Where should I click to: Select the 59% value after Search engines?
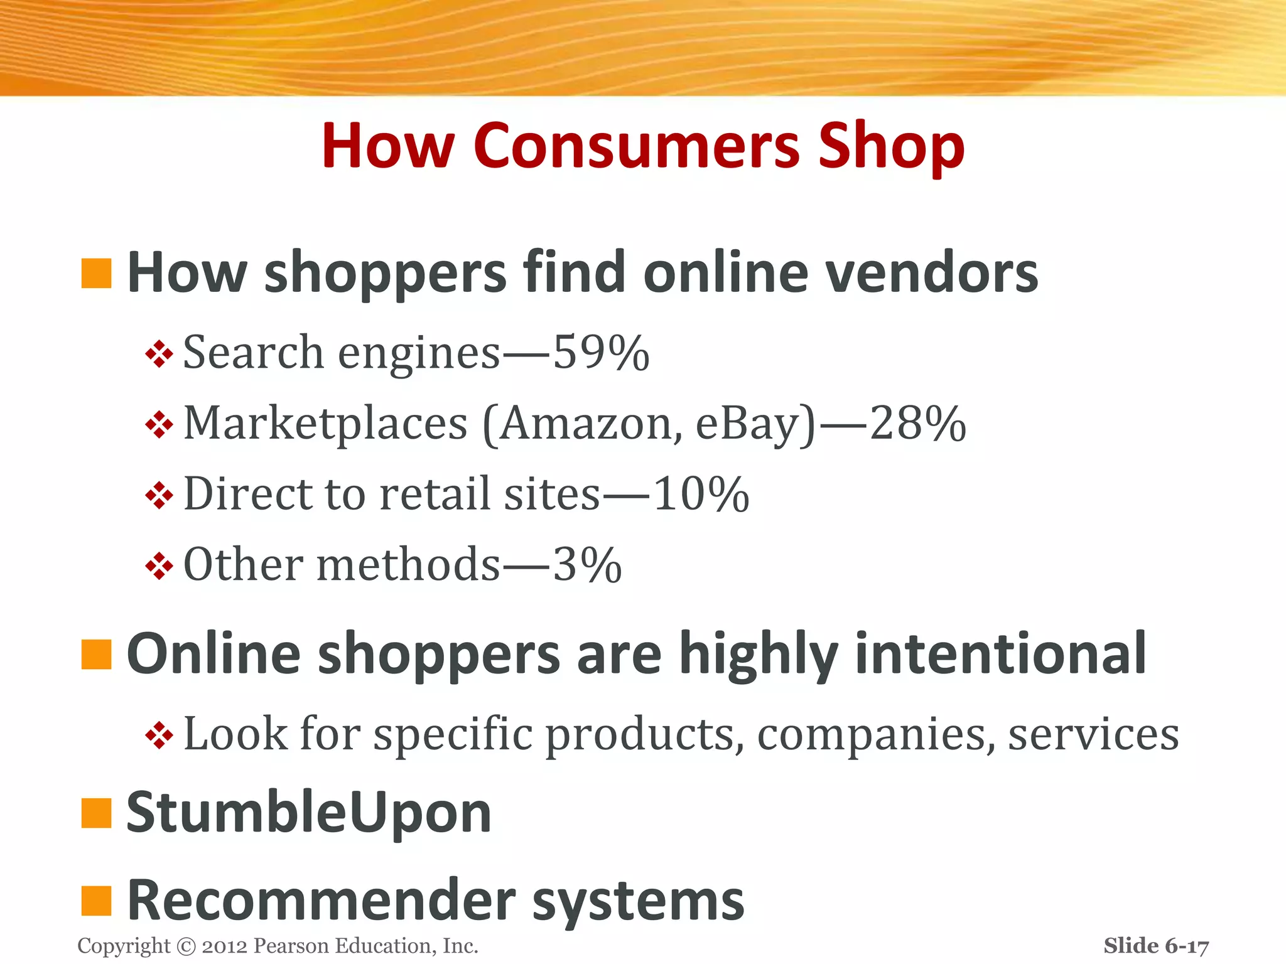601,353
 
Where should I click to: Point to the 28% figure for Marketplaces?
917,424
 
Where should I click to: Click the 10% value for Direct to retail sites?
701,494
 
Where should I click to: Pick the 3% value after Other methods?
587,565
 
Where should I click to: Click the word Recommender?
321,901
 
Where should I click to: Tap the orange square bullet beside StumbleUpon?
96,813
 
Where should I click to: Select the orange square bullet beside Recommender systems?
96,901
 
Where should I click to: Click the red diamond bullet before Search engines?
159,354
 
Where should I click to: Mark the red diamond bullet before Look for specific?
159,735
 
